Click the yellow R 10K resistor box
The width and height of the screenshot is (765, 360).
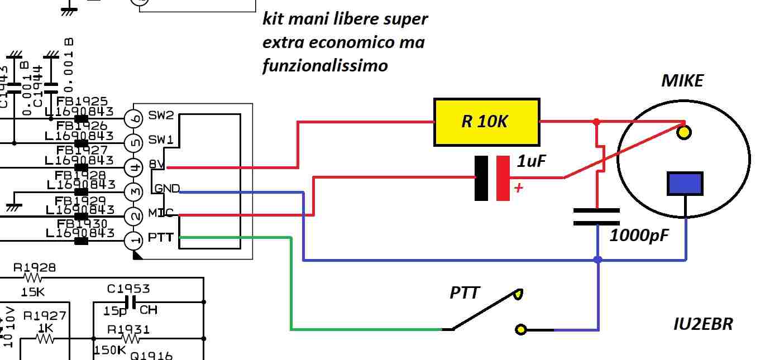point(486,122)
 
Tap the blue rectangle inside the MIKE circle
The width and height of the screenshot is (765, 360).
point(685,184)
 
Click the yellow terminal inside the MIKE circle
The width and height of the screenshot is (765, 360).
point(683,132)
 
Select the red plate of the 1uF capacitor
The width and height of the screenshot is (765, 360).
point(503,178)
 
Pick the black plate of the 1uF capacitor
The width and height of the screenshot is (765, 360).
point(481,178)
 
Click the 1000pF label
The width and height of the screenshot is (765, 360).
point(639,235)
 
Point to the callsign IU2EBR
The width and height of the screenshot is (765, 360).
point(703,324)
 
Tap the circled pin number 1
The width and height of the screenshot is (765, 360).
point(133,241)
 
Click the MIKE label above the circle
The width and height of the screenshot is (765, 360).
point(682,81)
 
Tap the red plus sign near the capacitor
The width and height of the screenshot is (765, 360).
point(519,188)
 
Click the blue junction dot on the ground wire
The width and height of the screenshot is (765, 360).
point(598,260)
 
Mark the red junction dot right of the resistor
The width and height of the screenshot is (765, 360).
point(596,121)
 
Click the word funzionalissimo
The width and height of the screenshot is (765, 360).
point(325,66)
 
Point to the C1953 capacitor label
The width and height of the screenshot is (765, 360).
point(128,289)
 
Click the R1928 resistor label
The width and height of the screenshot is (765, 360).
point(35,267)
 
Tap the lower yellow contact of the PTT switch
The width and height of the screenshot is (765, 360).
point(520,330)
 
